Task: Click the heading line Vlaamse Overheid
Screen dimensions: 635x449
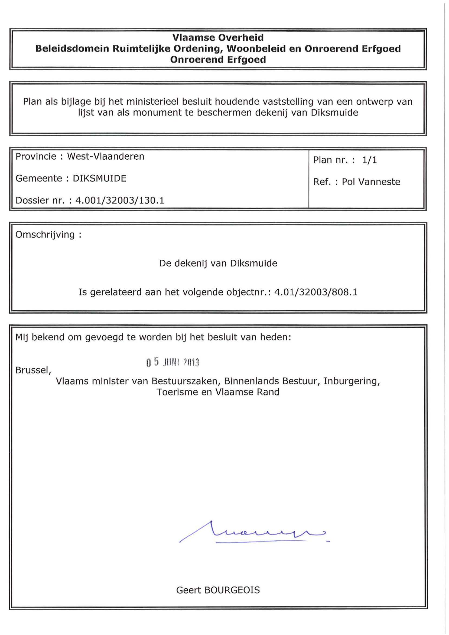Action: (218, 37)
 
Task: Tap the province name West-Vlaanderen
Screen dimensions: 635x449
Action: (106, 156)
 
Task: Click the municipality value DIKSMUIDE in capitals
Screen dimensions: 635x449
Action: (99, 178)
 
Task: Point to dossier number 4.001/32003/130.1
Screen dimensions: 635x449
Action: (120, 200)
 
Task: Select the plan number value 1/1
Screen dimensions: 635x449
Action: (369, 160)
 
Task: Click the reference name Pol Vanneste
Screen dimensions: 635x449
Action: (371, 182)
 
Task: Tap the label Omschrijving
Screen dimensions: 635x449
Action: (45, 235)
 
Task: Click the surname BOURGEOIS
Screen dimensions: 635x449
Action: (232, 590)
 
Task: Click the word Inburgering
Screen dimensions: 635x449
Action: (352, 381)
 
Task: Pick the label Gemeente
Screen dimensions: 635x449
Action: (39, 178)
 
